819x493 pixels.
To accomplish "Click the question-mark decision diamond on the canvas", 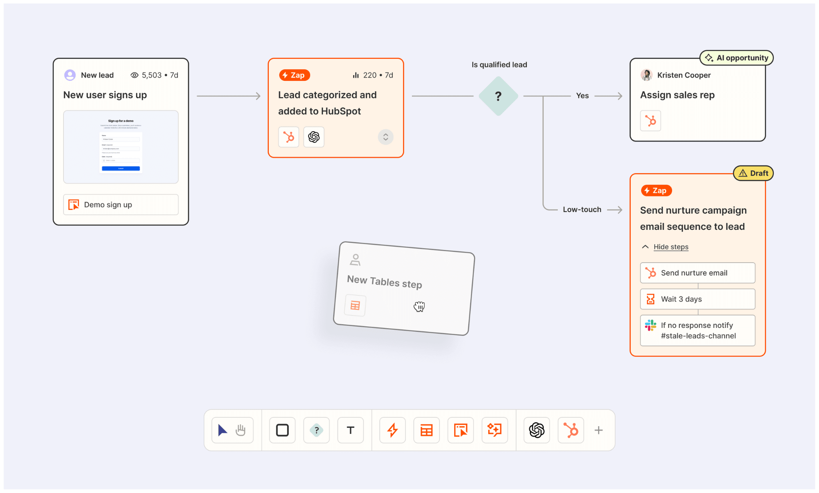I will click(x=498, y=96).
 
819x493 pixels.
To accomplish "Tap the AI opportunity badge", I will click(x=737, y=58).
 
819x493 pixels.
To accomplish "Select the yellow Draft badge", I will click(x=753, y=173).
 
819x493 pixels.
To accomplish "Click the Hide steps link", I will click(x=671, y=247).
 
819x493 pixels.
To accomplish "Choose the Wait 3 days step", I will click(x=697, y=299).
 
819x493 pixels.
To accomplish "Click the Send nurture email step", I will click(x=697, y=273).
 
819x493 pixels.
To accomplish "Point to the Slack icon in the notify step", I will click(x=651, y=325).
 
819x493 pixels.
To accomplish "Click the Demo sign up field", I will click(x=121, y=205).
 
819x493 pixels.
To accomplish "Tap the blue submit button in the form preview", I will click(x=121, y=168).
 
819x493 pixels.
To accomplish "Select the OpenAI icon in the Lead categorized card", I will click(x=314, y=137).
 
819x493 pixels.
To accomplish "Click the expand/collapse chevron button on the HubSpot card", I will click(x=386, y=137).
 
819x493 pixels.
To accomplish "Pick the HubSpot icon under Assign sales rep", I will click(x=651, y=121).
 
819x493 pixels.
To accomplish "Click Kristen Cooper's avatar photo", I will click(x=647, y=75).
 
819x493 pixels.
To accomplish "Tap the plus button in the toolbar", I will click(x=599, y=430).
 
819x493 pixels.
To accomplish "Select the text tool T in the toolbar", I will click(x=351, y=430).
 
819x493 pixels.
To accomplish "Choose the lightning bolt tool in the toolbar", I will click(x=393, y=430).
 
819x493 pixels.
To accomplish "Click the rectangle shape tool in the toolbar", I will click(x=282, y=430).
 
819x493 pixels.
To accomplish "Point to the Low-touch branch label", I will click(x=582, y=210).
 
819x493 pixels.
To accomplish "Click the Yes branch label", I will click(x=582, y=96).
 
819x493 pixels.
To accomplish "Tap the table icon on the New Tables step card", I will click(x=355, y=306).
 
